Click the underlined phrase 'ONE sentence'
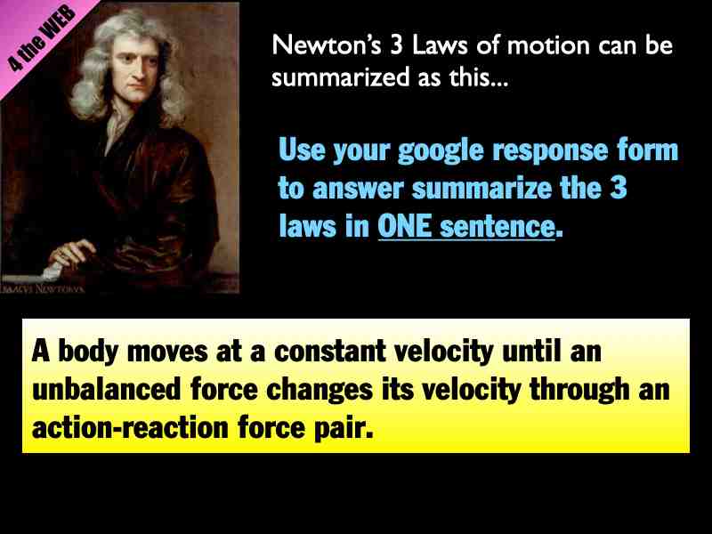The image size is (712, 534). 466,226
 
